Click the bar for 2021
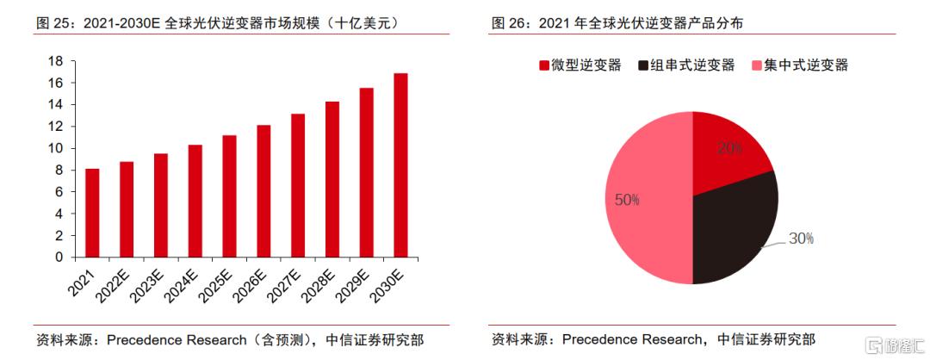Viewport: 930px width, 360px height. tap(92, 213)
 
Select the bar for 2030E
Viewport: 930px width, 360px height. tap(400, 165)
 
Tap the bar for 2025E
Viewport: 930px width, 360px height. tap(229, 196)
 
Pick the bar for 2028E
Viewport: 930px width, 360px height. tap(332, 179)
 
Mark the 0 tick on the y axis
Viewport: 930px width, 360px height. tap(59, 257)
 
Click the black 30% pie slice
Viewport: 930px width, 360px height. tap(732, 233)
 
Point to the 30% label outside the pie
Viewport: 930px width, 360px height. tap(800, 239)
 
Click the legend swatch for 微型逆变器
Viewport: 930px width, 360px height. tap(543, 65)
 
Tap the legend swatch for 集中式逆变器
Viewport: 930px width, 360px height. tap(758, 65)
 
